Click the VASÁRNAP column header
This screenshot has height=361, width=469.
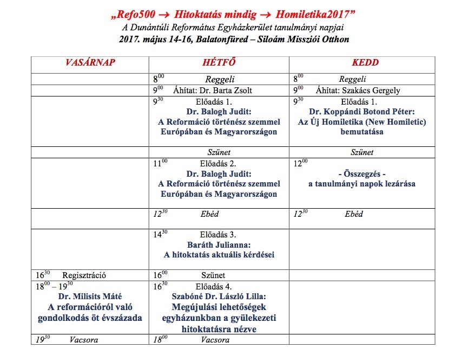pos(91,63)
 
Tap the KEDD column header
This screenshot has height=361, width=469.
pos(365,63)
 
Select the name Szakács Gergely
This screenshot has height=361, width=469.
pos(371,91)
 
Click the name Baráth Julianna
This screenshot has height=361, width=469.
pos(219,244)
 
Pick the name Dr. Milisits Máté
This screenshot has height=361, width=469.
pos(89,296)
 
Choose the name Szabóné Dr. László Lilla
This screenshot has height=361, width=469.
pos(219,296)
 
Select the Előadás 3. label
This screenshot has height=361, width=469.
pos(219,234)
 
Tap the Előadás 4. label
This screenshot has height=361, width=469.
pos(219,286)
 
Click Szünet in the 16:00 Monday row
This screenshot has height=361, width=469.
pos(213,275)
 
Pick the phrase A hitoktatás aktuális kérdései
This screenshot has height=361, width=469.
pos(219,255)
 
